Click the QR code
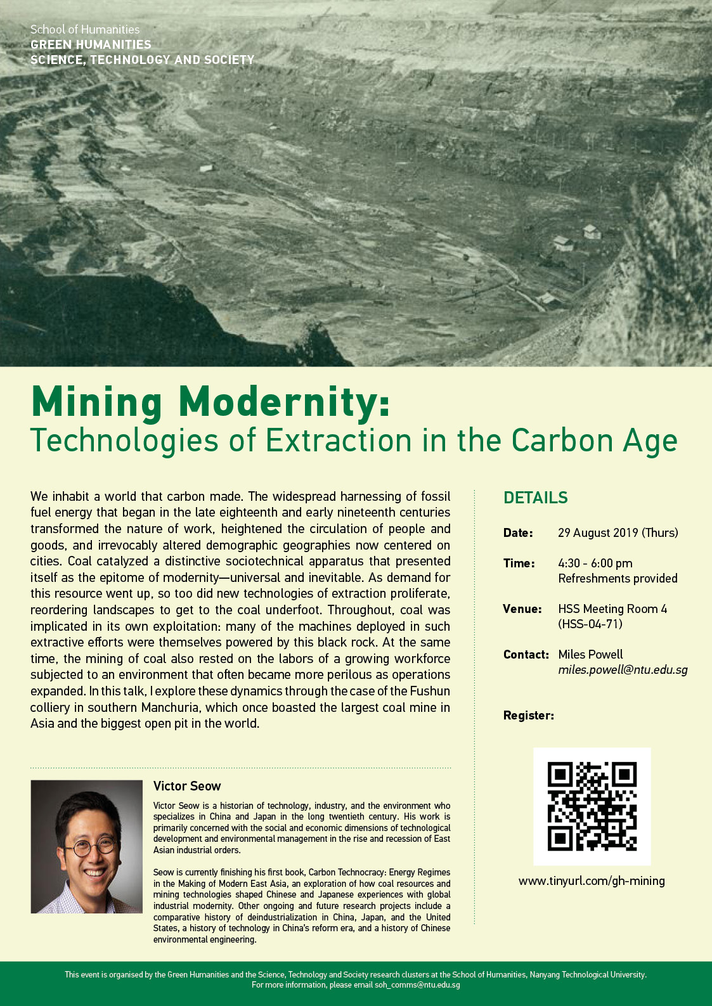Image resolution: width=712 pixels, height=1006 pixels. pos(592,806)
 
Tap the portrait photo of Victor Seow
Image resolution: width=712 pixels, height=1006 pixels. pos(87,846)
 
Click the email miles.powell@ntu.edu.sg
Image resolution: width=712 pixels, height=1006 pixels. pos(623,670)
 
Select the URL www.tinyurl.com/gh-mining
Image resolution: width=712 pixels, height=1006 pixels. pos(592,881)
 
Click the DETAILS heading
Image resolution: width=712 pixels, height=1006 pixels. pos(536,498)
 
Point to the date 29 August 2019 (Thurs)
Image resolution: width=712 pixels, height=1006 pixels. pos(618,533)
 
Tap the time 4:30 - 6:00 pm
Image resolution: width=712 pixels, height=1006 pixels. pos(595,564)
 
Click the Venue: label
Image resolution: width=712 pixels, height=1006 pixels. pos(522,609)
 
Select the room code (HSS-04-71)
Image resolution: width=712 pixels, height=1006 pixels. pos(590,624)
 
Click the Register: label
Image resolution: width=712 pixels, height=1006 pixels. pos(528,716)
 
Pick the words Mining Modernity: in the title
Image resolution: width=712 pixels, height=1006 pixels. pos(210,402)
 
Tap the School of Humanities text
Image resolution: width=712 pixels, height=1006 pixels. pos(85,30)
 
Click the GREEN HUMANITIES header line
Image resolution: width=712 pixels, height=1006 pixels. pos(91,45)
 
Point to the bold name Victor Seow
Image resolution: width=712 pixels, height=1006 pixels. pos(187,787)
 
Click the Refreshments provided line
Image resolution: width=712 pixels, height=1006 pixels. pos(618,579)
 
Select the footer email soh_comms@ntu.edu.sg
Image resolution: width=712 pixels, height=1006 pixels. pos(417,985)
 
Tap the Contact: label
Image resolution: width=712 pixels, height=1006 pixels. pos(526,655)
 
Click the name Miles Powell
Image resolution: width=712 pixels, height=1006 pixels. pos(590,655)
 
